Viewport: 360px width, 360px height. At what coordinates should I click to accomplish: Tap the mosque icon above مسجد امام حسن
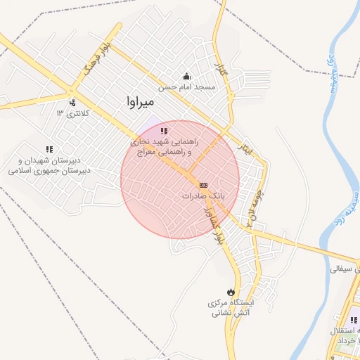coord(186,76)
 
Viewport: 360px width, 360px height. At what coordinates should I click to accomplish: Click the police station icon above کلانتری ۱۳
coord(72,103)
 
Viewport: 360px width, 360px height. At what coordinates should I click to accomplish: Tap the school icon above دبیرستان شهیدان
coord(49,149)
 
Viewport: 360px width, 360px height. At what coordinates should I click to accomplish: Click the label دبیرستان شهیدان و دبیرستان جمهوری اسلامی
coord(49,165)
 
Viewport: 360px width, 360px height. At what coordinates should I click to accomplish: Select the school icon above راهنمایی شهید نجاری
coord(165,131)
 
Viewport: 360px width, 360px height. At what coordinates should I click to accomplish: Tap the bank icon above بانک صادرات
coord(203,184)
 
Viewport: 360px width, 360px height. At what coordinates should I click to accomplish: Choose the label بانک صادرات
coord(203,196)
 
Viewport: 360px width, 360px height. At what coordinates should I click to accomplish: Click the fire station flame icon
coord(231,291)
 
